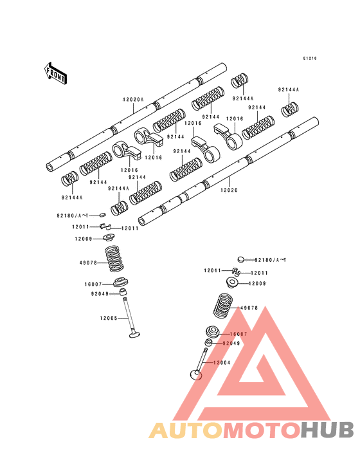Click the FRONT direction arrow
[x=55, y=73]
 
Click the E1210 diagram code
[x=310, y=59]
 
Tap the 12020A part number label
[x=133, y=100]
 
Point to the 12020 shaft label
[x=229, y=190]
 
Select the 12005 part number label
[x=109, y=318]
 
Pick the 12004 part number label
[x=222, y=362]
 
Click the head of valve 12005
[x=135, y=334]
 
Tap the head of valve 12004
[x=196, y=374]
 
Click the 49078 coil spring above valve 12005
[x=114, y=259]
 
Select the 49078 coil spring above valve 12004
[x=223, y=306]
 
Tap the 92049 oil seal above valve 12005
[x=122, y=292]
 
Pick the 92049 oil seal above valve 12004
[x=208, y=343]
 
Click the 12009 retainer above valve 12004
[x=232, y=282]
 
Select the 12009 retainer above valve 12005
[x=108, y=237]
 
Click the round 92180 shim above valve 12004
[x=241, y=259]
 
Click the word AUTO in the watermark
[x=186, y=430]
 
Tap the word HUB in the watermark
[x=328, y=430]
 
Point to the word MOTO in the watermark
[x=262, y=430]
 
